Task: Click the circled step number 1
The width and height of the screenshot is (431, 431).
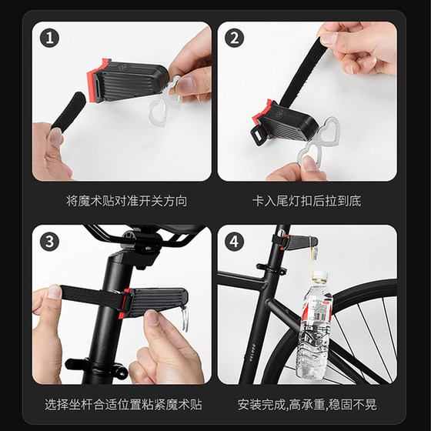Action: click(49, 38)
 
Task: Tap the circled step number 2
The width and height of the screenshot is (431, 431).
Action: click(234, 38)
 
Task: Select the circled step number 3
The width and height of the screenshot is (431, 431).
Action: click(49, 242)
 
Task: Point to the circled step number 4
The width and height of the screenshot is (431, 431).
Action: click(234, 242)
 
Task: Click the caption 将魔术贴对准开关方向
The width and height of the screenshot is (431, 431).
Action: click(127, 201)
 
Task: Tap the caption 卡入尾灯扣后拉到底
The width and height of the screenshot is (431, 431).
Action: click(306, 201)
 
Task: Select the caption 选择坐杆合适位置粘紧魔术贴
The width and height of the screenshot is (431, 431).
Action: click(123, 404)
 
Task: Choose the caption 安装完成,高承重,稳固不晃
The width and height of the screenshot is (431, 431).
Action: click(307, 404)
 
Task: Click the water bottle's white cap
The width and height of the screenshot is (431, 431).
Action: click(320, 276)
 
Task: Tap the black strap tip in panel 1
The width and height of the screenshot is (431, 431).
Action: click(68, 111)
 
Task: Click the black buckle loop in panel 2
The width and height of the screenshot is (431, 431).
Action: click(259, 135)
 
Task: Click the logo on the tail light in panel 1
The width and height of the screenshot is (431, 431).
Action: click(123, 67)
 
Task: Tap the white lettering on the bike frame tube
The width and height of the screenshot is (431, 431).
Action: click(254, 351)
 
